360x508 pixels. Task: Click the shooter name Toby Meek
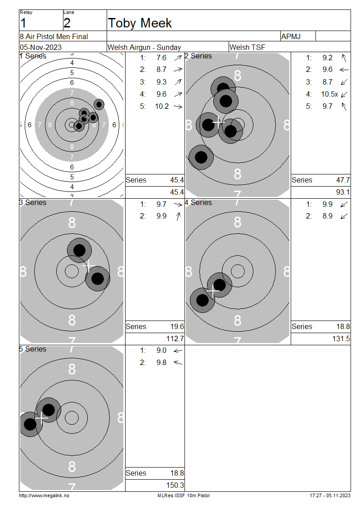140,23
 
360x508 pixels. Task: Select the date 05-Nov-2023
41,47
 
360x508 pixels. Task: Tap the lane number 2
67,23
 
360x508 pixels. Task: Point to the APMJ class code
291,36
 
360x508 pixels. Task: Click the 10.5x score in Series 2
329,94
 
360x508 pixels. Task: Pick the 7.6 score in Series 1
162,58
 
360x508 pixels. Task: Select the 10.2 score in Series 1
162,106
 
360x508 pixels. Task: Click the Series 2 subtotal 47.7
343,180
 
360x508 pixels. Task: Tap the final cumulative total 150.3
175,486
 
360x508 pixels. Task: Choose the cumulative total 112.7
175,339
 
